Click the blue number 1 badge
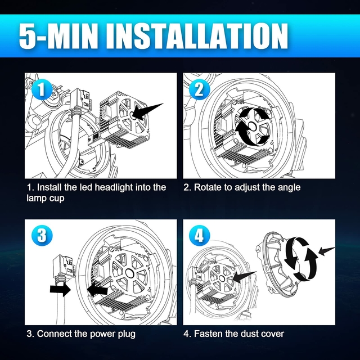(42, 89)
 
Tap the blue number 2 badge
(199, 89)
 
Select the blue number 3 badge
(42, 235)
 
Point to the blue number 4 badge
(199, 235)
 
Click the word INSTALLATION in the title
(196, 36)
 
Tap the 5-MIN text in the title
(60, 36)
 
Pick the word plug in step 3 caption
(127, 334)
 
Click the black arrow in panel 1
(147, 111)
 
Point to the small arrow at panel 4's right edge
(326, 251)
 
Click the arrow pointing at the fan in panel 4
(244, 277)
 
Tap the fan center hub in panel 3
(130, 273)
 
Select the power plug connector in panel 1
(80, 99)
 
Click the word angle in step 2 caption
(289, 188)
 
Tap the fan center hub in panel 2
(252, 127)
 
